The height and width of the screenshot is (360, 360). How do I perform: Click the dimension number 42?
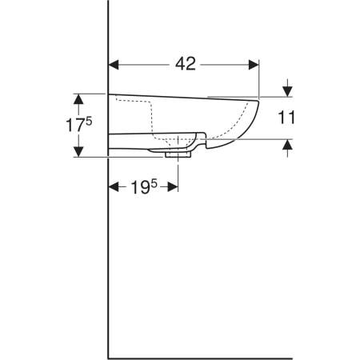point(186,64)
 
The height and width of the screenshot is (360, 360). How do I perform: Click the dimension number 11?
point(286,118)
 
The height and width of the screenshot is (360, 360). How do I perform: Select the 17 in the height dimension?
point(75,126)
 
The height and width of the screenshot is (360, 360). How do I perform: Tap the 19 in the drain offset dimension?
point(140,187)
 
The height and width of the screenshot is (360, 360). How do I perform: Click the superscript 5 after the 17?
point(89,122)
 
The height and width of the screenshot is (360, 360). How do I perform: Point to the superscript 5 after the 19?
point(154,184)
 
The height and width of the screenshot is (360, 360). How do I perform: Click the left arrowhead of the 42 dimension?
point(114,65)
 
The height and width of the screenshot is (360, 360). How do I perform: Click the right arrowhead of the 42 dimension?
point(254,65)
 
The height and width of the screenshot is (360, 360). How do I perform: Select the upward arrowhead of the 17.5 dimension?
point(78,99)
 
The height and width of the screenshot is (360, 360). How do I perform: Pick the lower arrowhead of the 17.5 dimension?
point(78,152)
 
